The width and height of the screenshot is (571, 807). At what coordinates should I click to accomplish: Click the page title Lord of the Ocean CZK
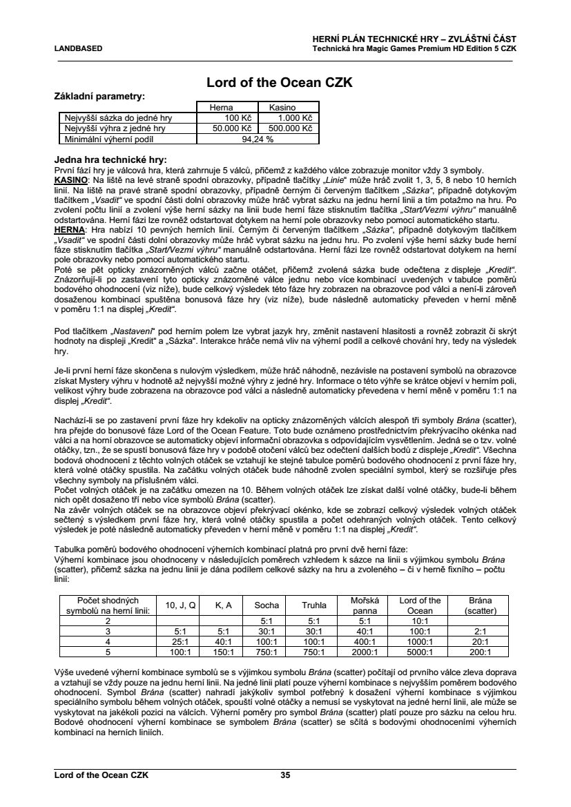[280, 83]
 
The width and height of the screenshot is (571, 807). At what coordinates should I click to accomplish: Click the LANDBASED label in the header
[79, 49]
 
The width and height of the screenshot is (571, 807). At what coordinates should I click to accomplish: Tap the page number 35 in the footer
[285, 775]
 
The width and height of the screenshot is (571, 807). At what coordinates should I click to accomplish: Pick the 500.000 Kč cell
[289, 128]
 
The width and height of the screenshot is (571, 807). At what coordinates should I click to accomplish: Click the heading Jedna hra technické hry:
[110, 159]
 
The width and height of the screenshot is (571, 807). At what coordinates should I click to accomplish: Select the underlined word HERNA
[69, 229]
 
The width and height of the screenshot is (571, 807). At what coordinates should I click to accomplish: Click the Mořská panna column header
[365, 605]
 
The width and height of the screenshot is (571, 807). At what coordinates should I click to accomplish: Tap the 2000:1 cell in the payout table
[365, 651]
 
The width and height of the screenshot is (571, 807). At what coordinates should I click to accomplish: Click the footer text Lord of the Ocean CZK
[101, 775]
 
